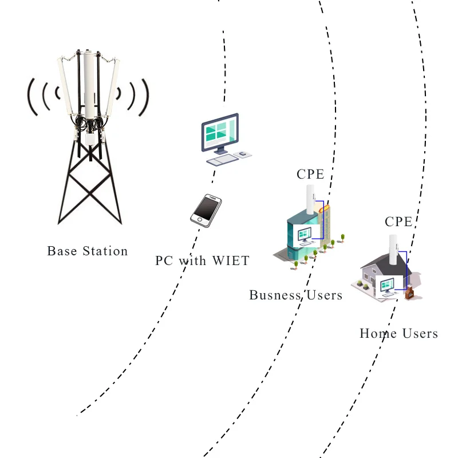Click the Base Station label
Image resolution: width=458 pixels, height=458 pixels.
pyautogui.click(x=87, y=251)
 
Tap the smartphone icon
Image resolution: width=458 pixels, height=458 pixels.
pyautogui.click(x=206, y=210)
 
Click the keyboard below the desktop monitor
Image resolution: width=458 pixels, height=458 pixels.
pyautogui.click(x=222, y=160)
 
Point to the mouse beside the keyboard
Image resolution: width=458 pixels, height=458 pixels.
pyautogui.click(x=243, y=153)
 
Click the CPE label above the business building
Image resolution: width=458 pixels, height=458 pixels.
pyautogui.click(x=310, y=174)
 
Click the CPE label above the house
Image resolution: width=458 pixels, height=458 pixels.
pyautogui.click(x=398, y=222)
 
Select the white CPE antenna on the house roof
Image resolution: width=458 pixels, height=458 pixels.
pyautogui.click(x=394, y=248)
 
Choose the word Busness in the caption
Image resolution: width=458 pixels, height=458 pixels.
pyautogui.click(x=275, y=295)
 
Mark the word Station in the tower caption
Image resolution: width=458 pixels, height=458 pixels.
pyautogui.click(x=105, y=251)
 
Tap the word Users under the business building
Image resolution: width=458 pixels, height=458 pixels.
pyautogui.click(x=323, y=295)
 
